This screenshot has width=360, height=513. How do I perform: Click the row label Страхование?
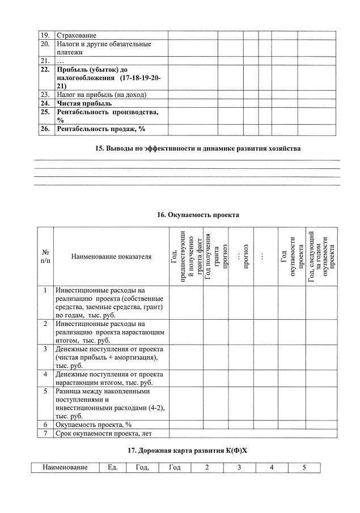(x=77, y=36)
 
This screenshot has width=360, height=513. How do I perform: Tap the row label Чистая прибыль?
(x=84, y=104)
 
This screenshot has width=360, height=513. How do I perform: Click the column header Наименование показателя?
(x=111, y=257)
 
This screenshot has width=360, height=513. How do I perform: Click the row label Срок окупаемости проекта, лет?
(x=104, y=434)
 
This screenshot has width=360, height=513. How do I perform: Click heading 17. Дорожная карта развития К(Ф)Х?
(x=189, y=451)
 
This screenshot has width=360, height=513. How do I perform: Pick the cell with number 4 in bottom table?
(x=272, y=468)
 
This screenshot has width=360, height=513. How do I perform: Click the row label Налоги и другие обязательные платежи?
(x=103, y=48)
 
